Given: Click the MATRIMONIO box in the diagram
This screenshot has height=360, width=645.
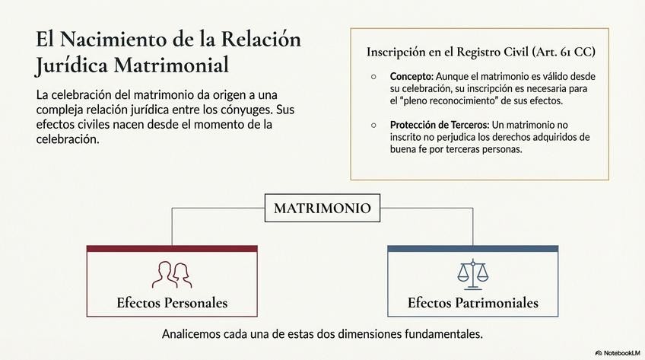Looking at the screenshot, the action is (x=322, y=208).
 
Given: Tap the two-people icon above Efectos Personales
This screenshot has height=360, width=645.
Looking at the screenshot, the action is (x=170, y=274).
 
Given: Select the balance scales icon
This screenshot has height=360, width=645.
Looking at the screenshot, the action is (x=472, y=274).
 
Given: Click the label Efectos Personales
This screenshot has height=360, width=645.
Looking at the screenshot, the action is (x=172, y=303).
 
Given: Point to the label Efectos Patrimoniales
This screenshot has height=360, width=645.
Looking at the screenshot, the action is (x=472, y=303).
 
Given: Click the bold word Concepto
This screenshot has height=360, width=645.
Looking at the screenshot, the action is (x=411, y=77).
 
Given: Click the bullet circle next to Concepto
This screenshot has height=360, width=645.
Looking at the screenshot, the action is (x=373, y=77).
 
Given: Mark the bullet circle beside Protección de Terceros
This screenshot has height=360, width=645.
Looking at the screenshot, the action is (x=373, y=125).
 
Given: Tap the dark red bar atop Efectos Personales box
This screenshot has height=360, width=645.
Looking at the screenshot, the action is (x=172, y=249).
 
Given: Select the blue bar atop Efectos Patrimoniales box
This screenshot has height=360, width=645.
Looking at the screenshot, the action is (x=472, y=249).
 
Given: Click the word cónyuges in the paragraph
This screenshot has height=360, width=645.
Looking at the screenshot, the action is (x=252, y=110).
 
